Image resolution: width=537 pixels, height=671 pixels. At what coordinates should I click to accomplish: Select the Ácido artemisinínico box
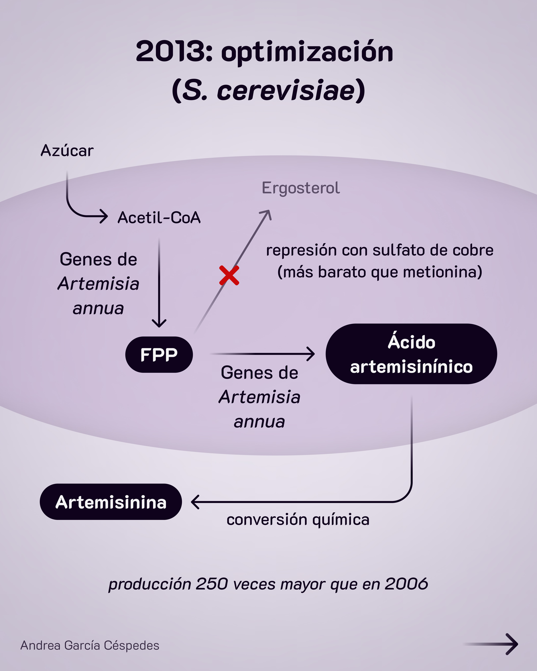(x=411, y=354)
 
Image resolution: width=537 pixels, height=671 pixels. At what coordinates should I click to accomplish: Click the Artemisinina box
(x=111, y=502)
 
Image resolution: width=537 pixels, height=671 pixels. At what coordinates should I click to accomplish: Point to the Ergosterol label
(x=301, y=188)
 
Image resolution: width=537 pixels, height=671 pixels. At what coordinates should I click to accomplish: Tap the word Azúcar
(x=67, y=151)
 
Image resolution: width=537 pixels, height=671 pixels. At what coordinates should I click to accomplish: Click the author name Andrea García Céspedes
(x=90, y=645)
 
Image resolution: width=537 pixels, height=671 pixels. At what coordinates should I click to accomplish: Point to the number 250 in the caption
(x=212, y=584)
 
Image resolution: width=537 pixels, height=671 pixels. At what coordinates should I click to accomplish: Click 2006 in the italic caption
(x=406, y=584)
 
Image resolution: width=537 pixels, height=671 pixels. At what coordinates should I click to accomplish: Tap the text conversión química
(x=298, y=519)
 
